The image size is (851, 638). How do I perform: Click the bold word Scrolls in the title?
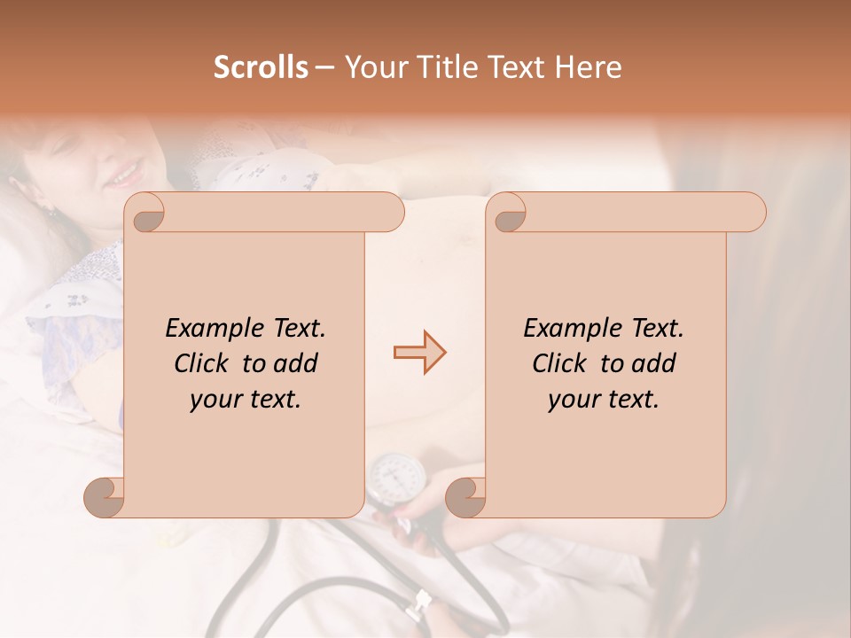click(262, 67)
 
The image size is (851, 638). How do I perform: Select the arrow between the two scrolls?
click(420, 353)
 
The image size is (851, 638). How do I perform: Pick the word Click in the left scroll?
click(203, 363)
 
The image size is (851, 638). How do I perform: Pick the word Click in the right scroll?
click(561, 363)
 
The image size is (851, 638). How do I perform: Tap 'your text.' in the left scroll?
click(246, 400)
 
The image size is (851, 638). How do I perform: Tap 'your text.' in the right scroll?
click(604, 400)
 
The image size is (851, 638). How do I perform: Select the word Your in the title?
click(370, 67)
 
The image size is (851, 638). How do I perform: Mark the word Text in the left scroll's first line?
click(299, 329)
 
